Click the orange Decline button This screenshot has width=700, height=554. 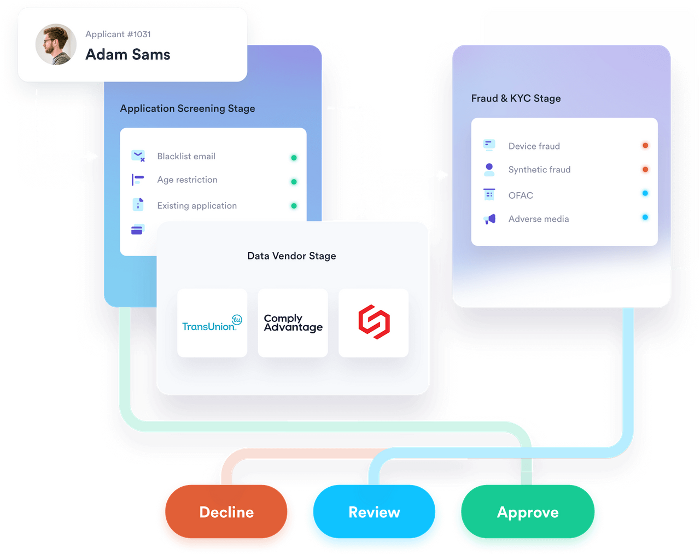226,511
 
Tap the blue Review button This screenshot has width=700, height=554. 374,511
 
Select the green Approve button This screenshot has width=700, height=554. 528,511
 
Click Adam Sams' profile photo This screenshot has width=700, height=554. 56,44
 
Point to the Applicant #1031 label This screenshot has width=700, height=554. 118,34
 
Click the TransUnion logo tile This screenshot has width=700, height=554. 212,323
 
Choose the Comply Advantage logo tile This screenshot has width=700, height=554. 293,323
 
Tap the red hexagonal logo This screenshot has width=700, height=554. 374,322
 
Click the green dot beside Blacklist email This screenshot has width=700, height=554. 294,158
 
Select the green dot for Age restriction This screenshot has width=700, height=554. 294,182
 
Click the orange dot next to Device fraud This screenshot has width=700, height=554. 645,145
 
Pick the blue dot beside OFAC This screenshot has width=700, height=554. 645,193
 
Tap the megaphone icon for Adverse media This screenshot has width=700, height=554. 489,219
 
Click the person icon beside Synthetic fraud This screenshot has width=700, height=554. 489,169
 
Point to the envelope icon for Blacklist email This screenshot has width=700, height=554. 138,155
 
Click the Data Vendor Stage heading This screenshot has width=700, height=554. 291,256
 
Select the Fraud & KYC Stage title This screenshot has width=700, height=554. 516,98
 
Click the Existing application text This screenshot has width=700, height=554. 197,205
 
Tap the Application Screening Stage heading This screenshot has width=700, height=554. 188,108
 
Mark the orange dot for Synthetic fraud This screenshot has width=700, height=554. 645,169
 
